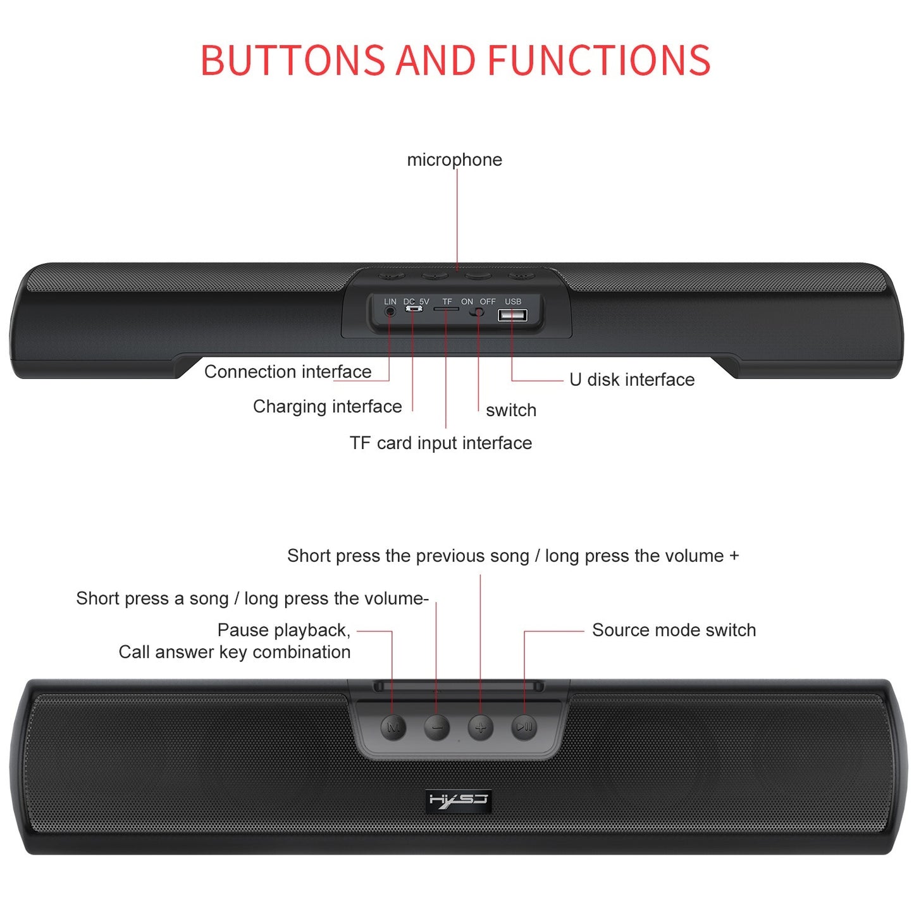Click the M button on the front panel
pos(393,727)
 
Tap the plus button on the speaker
pos(480,727)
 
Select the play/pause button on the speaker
pos(524,727)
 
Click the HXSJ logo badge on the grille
pos(459,800)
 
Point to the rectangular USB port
pos(512,314)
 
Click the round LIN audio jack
pos(390,311)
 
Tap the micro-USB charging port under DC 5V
pos(414,309)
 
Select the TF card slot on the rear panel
pos(446,309)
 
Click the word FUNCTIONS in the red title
pos(598,61)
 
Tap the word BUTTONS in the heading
pos(292,61)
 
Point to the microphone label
pos(454,160)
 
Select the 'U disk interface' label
pos(631,380)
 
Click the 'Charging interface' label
pos(327,406)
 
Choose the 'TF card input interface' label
pos(440,443)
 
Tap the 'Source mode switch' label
pos(674,630)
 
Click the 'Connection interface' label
pos(288,372)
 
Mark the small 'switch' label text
pos(510,411)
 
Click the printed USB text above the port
pos(513,302)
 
